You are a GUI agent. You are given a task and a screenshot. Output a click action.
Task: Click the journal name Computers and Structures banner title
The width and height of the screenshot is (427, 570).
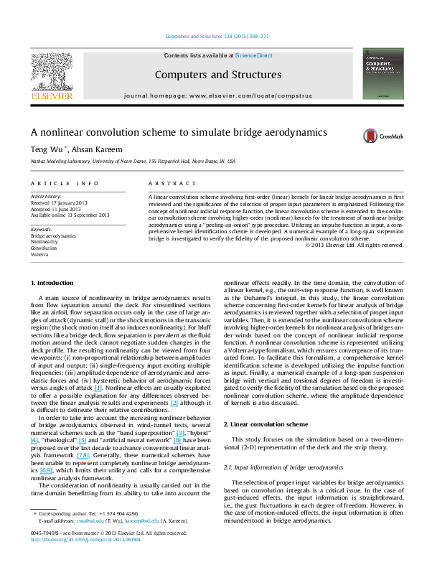pyautogui.click(x=205, y=74)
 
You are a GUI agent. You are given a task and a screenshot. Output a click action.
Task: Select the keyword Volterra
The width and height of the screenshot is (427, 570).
pyautogui.click(x=39, y=253)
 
